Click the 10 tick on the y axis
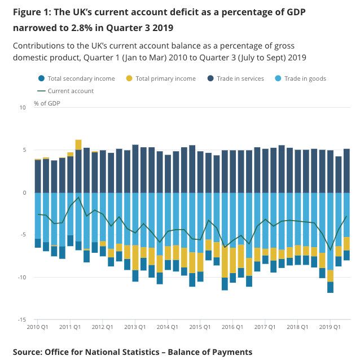point(23,107)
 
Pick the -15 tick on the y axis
point(22,319)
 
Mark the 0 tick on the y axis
point(25,192)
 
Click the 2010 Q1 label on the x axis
point(38,327)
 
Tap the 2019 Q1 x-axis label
point(330,327)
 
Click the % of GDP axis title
point(47,103)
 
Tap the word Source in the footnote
point(29,352)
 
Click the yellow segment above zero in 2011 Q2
point(78,145)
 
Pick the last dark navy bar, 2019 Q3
point(346,170)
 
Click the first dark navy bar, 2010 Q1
point(38,176)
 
